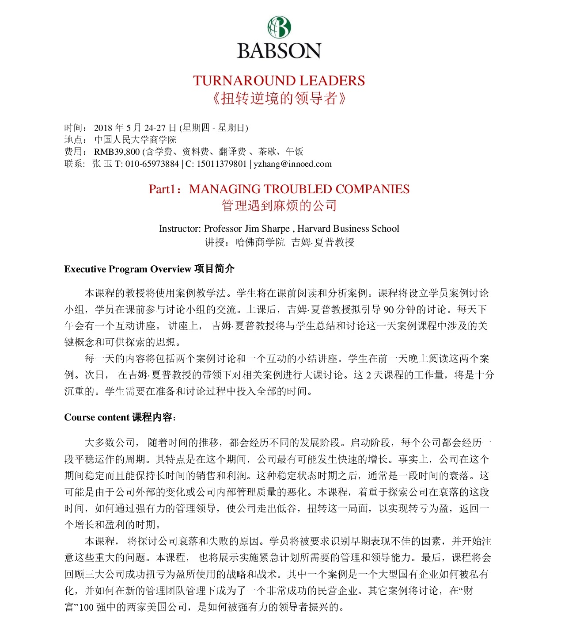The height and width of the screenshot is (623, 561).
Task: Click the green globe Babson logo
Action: [x=279, y=27]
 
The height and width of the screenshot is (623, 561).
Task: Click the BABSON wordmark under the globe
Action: [x=279, y=51]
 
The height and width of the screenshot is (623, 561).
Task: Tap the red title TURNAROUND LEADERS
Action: [x=279, y=81]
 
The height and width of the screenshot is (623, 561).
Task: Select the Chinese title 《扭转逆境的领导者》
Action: [x=279, y=98]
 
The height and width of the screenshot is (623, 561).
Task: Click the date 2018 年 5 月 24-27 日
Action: [x=135, y=128]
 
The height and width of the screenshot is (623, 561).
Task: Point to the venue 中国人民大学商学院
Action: [x=135, y=140]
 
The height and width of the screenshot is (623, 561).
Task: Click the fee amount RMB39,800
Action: [x=117, y=152]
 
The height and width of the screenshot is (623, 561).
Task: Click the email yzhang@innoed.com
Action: [x=292, y=164]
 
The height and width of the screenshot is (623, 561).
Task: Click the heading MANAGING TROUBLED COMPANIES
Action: [x=299, y=189]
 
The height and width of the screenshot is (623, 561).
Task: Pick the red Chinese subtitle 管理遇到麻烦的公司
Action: [x=279, y=206]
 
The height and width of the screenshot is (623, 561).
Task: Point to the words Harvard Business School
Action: [x=348, y=229]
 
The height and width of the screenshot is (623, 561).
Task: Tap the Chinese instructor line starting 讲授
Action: [x=279, y=242]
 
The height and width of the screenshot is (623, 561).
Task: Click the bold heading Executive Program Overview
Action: [x=127, y=269]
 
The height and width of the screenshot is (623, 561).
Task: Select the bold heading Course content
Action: [x=97, y=417]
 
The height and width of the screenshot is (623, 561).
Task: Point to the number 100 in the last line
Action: [x=86, y=607]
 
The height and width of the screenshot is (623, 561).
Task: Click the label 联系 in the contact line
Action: [x=74, y=164]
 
